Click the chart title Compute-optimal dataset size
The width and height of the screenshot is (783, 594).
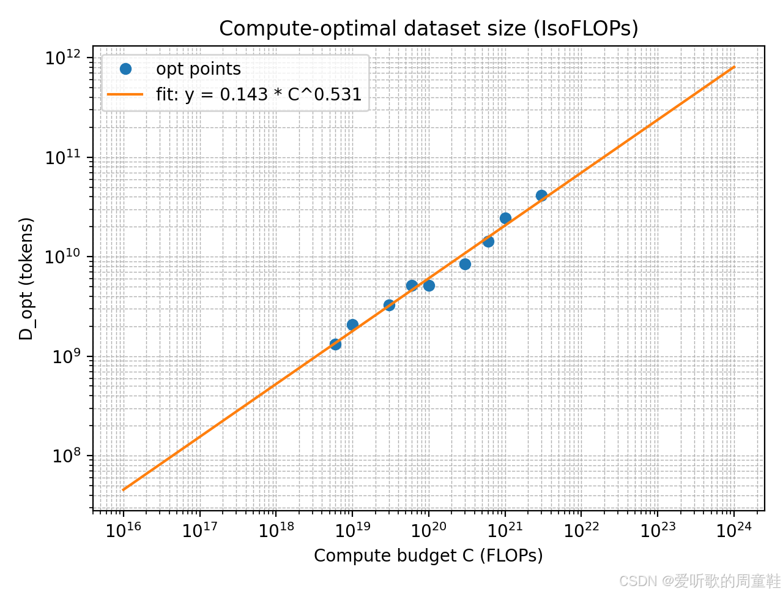(x=428, y=28)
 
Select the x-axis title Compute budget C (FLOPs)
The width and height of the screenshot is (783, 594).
(x=428, y=555)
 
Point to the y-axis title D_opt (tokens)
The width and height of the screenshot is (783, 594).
(x=26, y=279)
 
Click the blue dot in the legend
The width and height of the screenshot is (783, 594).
(x=125, y=69)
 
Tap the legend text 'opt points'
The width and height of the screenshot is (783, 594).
(x=198, y=69)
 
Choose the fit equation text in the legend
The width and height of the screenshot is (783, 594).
(x=259, y=94)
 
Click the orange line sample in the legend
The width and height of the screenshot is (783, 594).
(x=125, y=94)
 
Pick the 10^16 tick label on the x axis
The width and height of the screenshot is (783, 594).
(x=124, y=530)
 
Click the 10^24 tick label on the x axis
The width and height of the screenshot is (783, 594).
(x=734, y=530)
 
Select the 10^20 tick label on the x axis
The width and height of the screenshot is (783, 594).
(x=428, y=530)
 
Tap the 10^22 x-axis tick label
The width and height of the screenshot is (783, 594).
(x=581, y=530)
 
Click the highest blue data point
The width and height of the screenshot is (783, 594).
(x=541, y=195)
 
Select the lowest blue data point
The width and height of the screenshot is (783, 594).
(x=335, y=344)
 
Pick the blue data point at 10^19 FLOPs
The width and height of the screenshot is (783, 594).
(x=352, y=325)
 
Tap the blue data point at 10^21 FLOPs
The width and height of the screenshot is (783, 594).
(x=505, y=218)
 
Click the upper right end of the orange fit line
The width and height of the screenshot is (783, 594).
(x=733, y=67)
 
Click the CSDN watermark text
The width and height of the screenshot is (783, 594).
(x=700, y=581)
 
